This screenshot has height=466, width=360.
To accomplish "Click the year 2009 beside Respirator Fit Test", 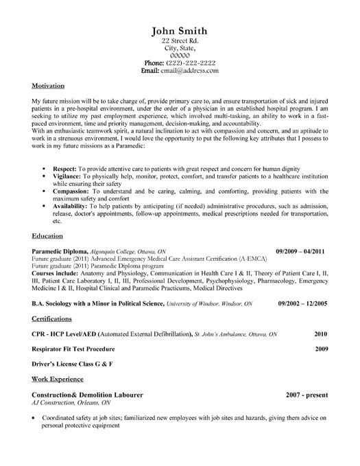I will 321,368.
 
